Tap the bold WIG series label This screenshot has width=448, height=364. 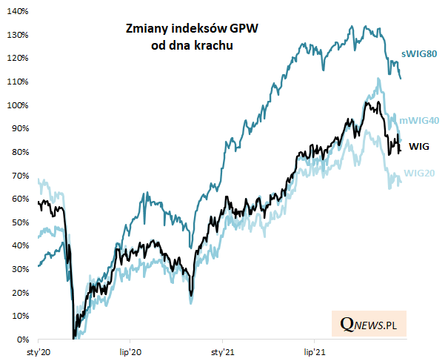[x=419, y=146]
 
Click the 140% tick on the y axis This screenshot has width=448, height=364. [x=19, y=11]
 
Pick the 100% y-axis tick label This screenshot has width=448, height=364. [x=19, y=105]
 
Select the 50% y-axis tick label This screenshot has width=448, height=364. [x=21, y=222]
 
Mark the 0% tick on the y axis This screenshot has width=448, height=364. [x=23, y=340]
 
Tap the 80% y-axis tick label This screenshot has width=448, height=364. [x=21, y=152]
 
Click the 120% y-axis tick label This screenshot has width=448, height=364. [x=19, y=58]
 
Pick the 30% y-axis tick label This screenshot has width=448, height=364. [x=21, y=269]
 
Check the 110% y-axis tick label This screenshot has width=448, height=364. [x=19, y=82]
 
